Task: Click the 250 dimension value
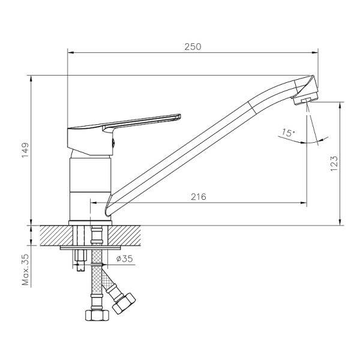click(193, 47)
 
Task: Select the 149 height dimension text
click(25, 150)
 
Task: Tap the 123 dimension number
click(334, 163)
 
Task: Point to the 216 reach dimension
click(199, 197)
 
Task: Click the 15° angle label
click(289, 133)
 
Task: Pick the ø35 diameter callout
click(124, 259)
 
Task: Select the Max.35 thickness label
click(25, 269)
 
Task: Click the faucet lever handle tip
click(180, 116)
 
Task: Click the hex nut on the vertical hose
click(97, 315)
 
